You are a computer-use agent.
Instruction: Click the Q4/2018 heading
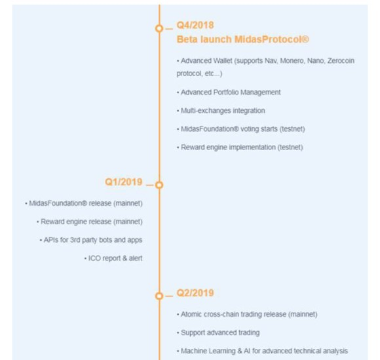point(195,25)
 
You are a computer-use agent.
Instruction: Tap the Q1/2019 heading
point(124,182)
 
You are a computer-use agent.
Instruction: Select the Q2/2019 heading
point(195,293)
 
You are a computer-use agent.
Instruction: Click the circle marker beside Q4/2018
point(159,28)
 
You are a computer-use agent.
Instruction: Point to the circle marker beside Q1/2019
point(159,185)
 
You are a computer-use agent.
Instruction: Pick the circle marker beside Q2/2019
point(159,296)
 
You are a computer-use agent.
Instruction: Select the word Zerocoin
point(341,60)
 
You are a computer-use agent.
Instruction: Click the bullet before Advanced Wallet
point(178,61)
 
